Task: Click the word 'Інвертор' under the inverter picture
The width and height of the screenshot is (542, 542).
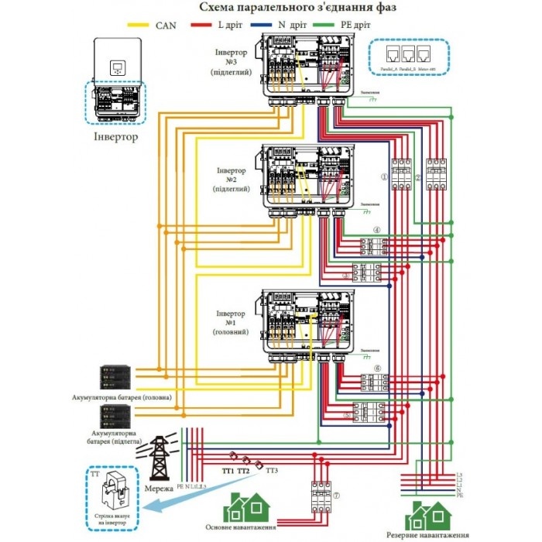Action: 115,137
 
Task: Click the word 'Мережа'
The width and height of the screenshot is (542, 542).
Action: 159,490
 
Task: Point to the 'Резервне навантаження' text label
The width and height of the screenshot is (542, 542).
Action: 432,536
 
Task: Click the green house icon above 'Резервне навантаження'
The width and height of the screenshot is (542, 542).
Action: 431,515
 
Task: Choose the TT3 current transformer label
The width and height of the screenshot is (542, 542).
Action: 272,470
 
